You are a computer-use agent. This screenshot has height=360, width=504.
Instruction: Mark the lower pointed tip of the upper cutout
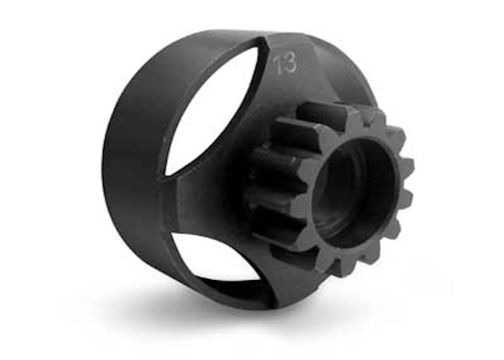(x=165, y=175)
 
